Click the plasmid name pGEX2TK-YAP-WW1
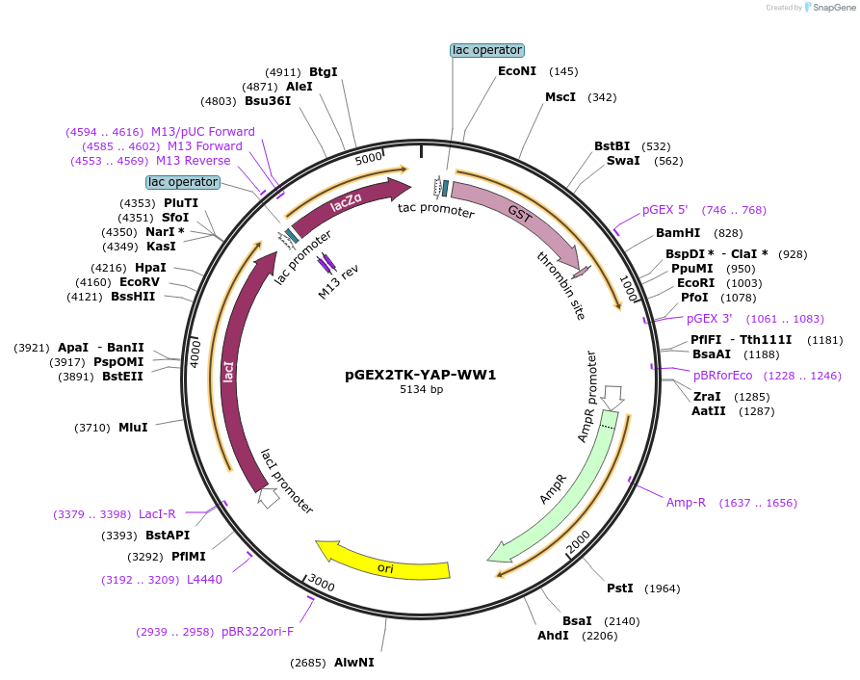pyautogui.click(x=421, y=375)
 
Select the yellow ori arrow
pyautogui.click(x=385, y=565)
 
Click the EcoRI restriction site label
pyautogui.click(x=695, y=283)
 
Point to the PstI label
pyautogui.click(x=619, y=588)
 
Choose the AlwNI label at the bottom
pyautogui.click(x=354, y=663)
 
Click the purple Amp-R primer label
pyautogui.click(x=686, y=503)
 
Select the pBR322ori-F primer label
pyautogui.click(x=257, y=632)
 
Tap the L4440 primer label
pyautogui.click(x=204, y=580)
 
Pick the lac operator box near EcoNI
pyautogui.click(x=486, y=50)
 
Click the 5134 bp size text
pyautogui.click(x=421, y=390)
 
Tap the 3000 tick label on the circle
pyautogui.click(x=321, y=585)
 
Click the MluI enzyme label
pyautogui.click(x=133, y=427)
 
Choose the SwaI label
pyautogui.click(x=623, y=161)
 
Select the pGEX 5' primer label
pyautogui.click(x=665, y=210)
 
